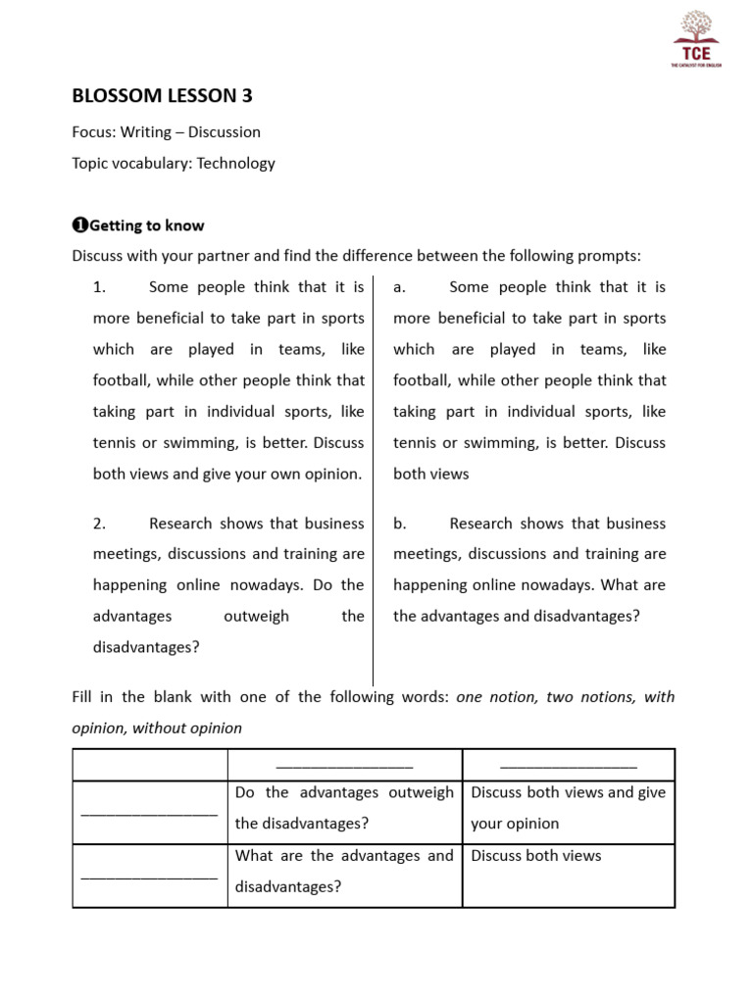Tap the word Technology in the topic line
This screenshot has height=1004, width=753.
235,164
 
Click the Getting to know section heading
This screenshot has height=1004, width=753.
146,226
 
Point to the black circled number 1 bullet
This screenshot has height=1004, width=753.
80,226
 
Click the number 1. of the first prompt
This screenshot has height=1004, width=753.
99,287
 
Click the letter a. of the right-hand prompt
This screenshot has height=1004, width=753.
399,287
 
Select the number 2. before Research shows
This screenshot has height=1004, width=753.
99,524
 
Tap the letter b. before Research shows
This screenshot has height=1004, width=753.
399,524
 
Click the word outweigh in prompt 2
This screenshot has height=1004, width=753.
256,616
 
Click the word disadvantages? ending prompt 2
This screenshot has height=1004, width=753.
146,647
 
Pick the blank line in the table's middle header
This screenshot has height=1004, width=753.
344,765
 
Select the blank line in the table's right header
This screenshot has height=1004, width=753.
569,765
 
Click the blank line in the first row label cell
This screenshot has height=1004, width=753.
149,812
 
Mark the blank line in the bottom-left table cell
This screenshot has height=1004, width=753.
149,876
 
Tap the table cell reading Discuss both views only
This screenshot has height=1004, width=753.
535,856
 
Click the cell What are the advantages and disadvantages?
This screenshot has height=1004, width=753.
344,872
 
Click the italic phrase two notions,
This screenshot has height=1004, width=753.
584,697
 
